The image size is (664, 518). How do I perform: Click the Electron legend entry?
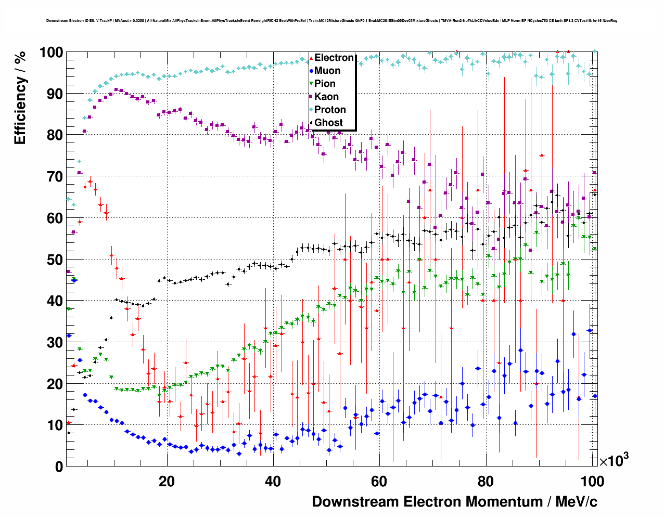(x=334, y=58)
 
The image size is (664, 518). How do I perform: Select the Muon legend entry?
(x=327, y=71)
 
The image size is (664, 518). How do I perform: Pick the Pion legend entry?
(x=325, y=84)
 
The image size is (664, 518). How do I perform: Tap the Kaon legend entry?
(x=326, y=97)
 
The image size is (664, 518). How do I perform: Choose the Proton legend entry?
(x=330, y=110)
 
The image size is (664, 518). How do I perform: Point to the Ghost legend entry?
(x=328, y=123)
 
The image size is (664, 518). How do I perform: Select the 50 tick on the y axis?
(x=55, y=260)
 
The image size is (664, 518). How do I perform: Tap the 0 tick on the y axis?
(x=59, y=467)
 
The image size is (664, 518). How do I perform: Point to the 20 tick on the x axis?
(x=167, y=481)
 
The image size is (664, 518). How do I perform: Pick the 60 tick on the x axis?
(x=379, y=481)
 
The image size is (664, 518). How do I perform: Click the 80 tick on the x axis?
(x=486, y=481)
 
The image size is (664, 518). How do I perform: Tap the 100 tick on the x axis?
(x=592, y=481)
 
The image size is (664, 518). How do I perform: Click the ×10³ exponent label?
(x=614, y=460)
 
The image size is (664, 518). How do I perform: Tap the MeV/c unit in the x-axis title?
(x=577, y=502)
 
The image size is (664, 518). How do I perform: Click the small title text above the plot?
(x=331, y=21)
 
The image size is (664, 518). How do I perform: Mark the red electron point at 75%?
(x=542, y=156)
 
